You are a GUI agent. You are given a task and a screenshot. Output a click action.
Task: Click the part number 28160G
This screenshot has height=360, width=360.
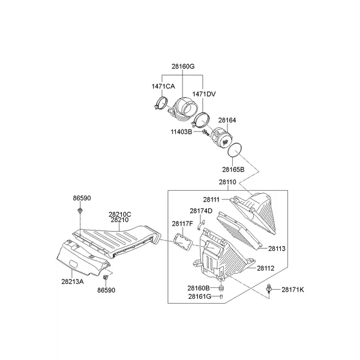pos(183,67)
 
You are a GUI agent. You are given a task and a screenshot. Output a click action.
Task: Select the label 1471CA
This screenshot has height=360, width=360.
pos(163,86)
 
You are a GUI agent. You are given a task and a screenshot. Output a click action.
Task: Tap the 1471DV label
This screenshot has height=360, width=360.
pos(204,94)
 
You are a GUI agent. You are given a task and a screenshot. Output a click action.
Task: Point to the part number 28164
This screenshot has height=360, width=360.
pos(227,120)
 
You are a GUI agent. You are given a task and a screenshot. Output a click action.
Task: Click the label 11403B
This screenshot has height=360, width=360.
pos(181,132)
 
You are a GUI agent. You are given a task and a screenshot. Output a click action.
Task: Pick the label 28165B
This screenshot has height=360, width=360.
pos(233,170)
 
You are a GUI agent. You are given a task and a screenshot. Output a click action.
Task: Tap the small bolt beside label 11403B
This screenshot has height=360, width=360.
pos(205,133)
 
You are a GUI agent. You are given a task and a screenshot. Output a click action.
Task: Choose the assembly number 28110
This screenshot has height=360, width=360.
pos(227,182)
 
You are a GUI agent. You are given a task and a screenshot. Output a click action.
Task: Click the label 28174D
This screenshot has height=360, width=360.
pos(201,211)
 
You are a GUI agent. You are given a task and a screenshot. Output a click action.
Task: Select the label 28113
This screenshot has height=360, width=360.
pos(277,248)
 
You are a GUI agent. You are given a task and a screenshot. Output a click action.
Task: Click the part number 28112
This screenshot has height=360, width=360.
pos(266,268)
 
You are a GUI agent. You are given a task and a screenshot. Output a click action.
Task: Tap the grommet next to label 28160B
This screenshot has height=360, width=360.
pos(221,288)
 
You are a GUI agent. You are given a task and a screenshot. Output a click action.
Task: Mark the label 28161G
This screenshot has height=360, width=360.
pos(200,296)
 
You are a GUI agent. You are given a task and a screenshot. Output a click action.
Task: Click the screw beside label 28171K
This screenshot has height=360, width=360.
pos(269,290)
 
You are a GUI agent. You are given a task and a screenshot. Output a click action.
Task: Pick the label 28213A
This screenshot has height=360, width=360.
pos(73,281)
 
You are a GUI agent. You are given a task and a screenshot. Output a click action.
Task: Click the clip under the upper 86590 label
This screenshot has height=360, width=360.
pos(80,211)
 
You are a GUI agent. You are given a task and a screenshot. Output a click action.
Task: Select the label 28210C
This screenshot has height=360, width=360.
pos(120,214)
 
